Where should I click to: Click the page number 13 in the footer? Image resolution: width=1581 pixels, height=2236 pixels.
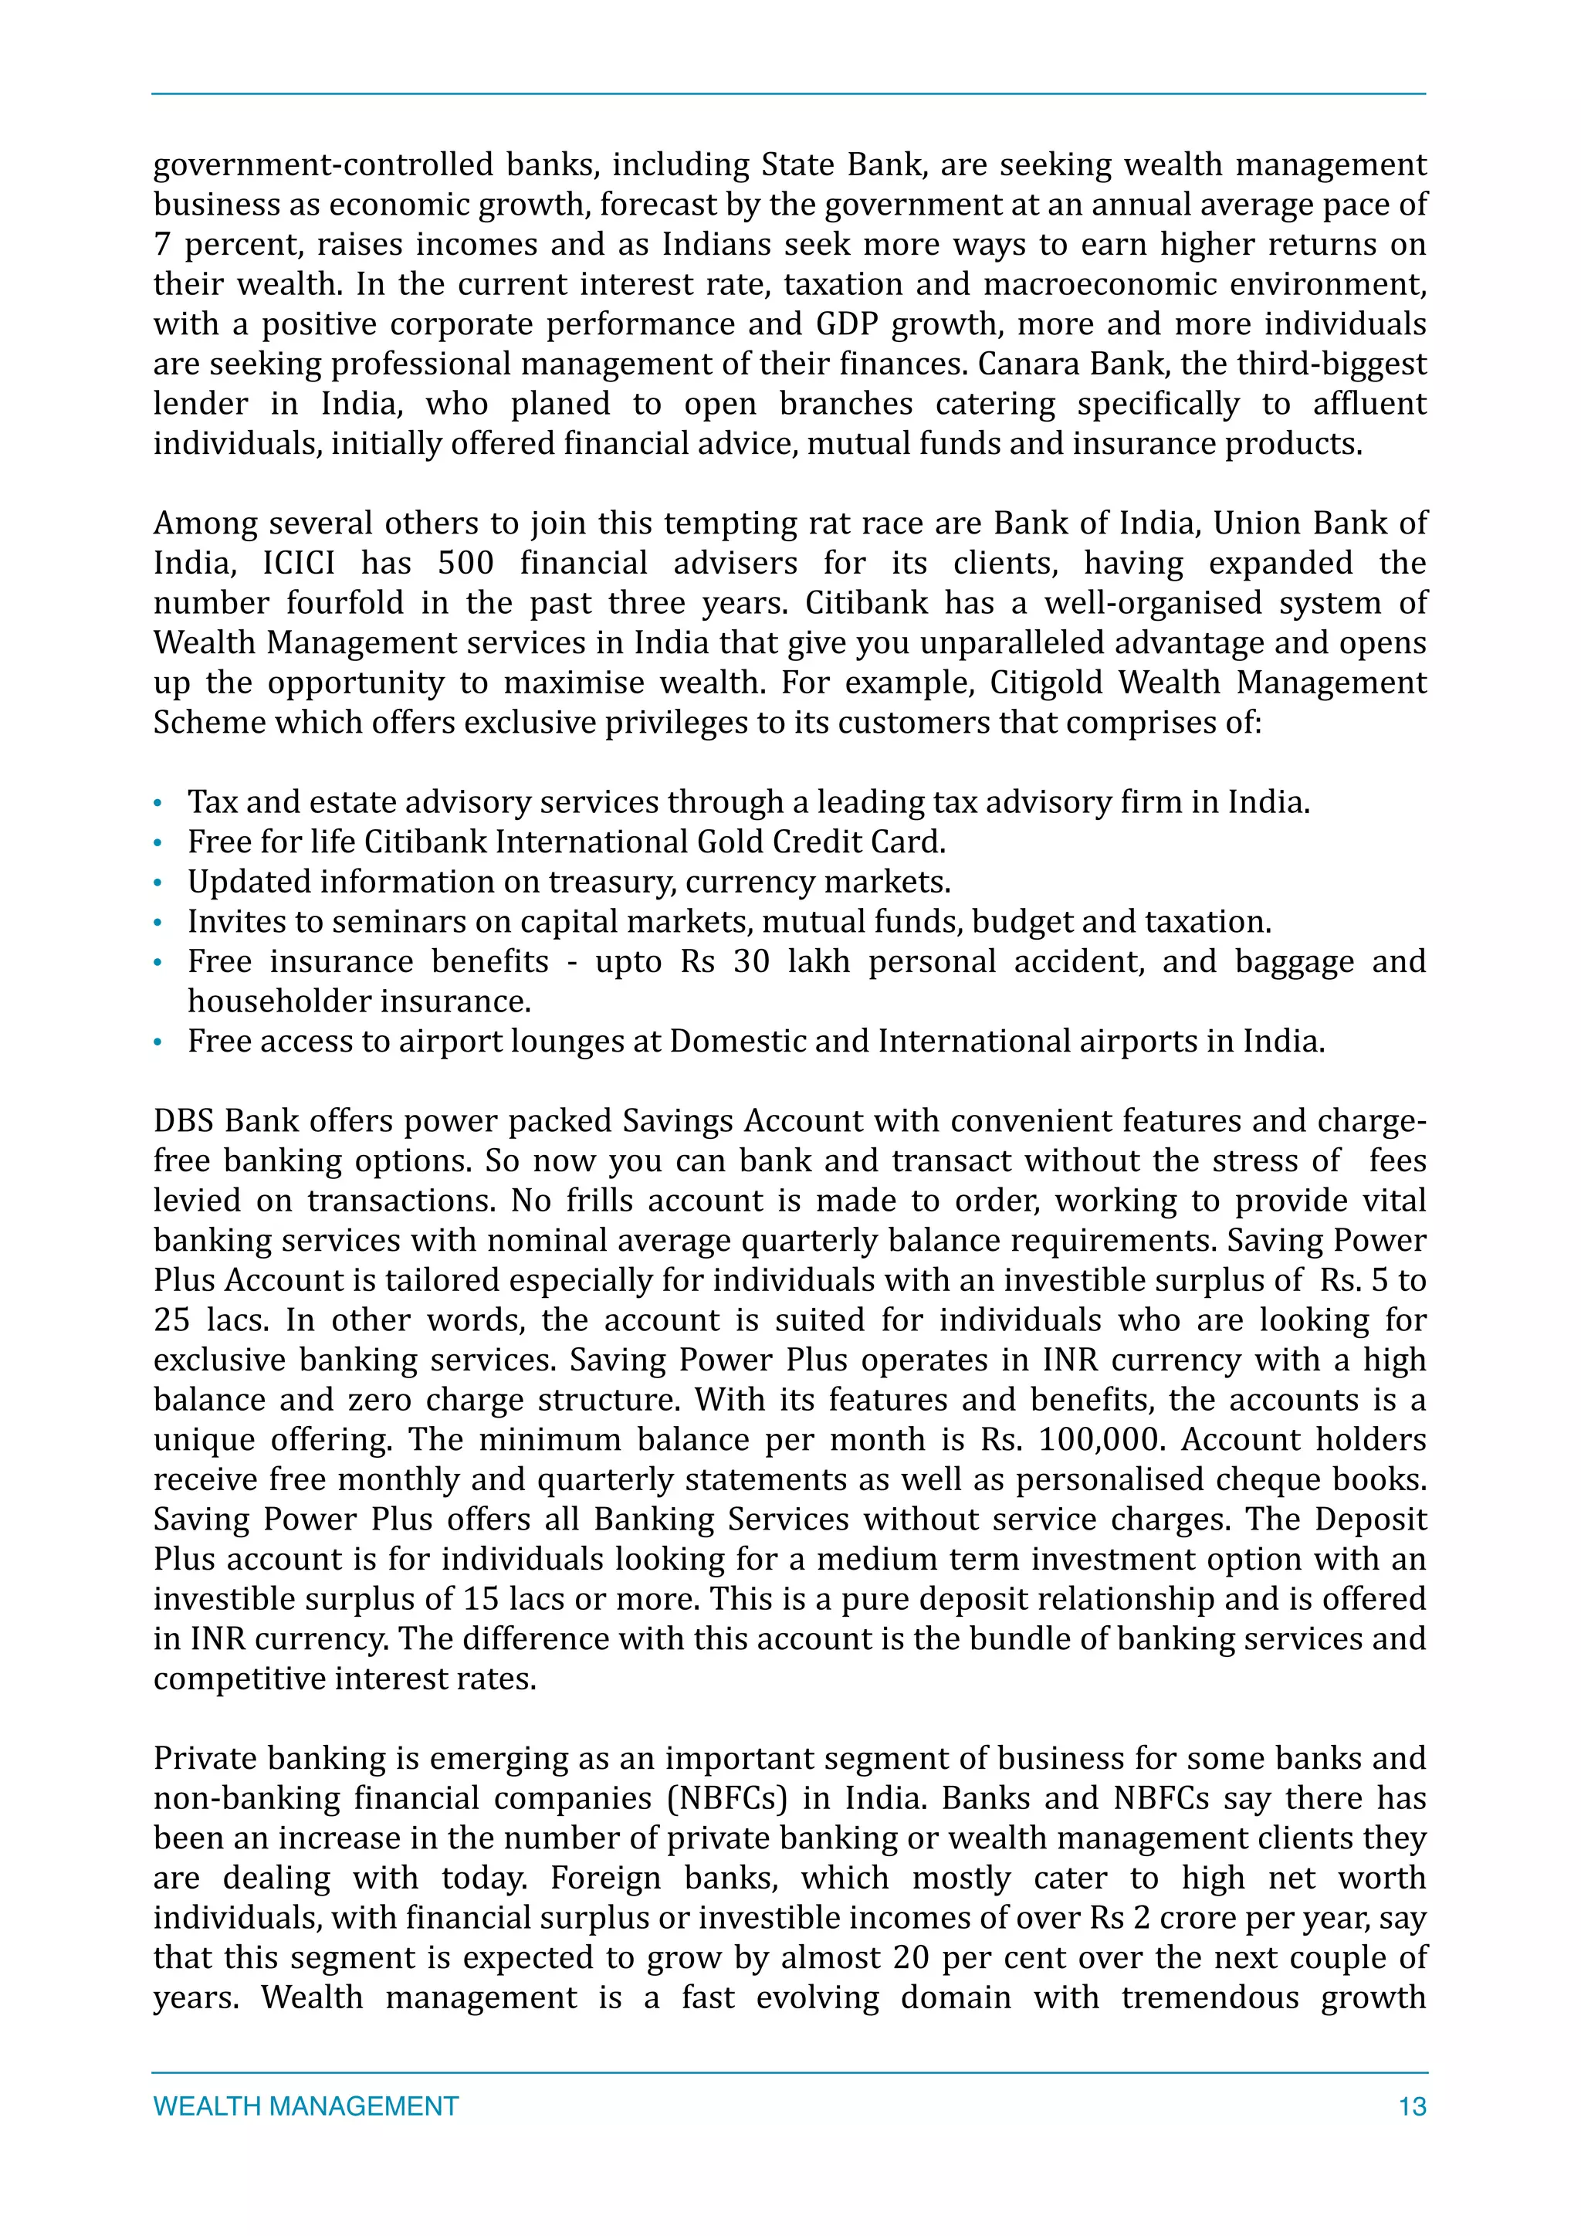[1412, 2106]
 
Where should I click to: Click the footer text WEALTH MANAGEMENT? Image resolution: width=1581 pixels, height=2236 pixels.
[306, 2106]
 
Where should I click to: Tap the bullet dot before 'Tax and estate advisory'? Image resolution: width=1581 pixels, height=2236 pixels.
[157, 805]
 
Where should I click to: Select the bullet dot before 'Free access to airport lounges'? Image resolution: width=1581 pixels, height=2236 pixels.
[157, 1043]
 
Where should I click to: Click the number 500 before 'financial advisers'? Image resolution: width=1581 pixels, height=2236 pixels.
[466, 563]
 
